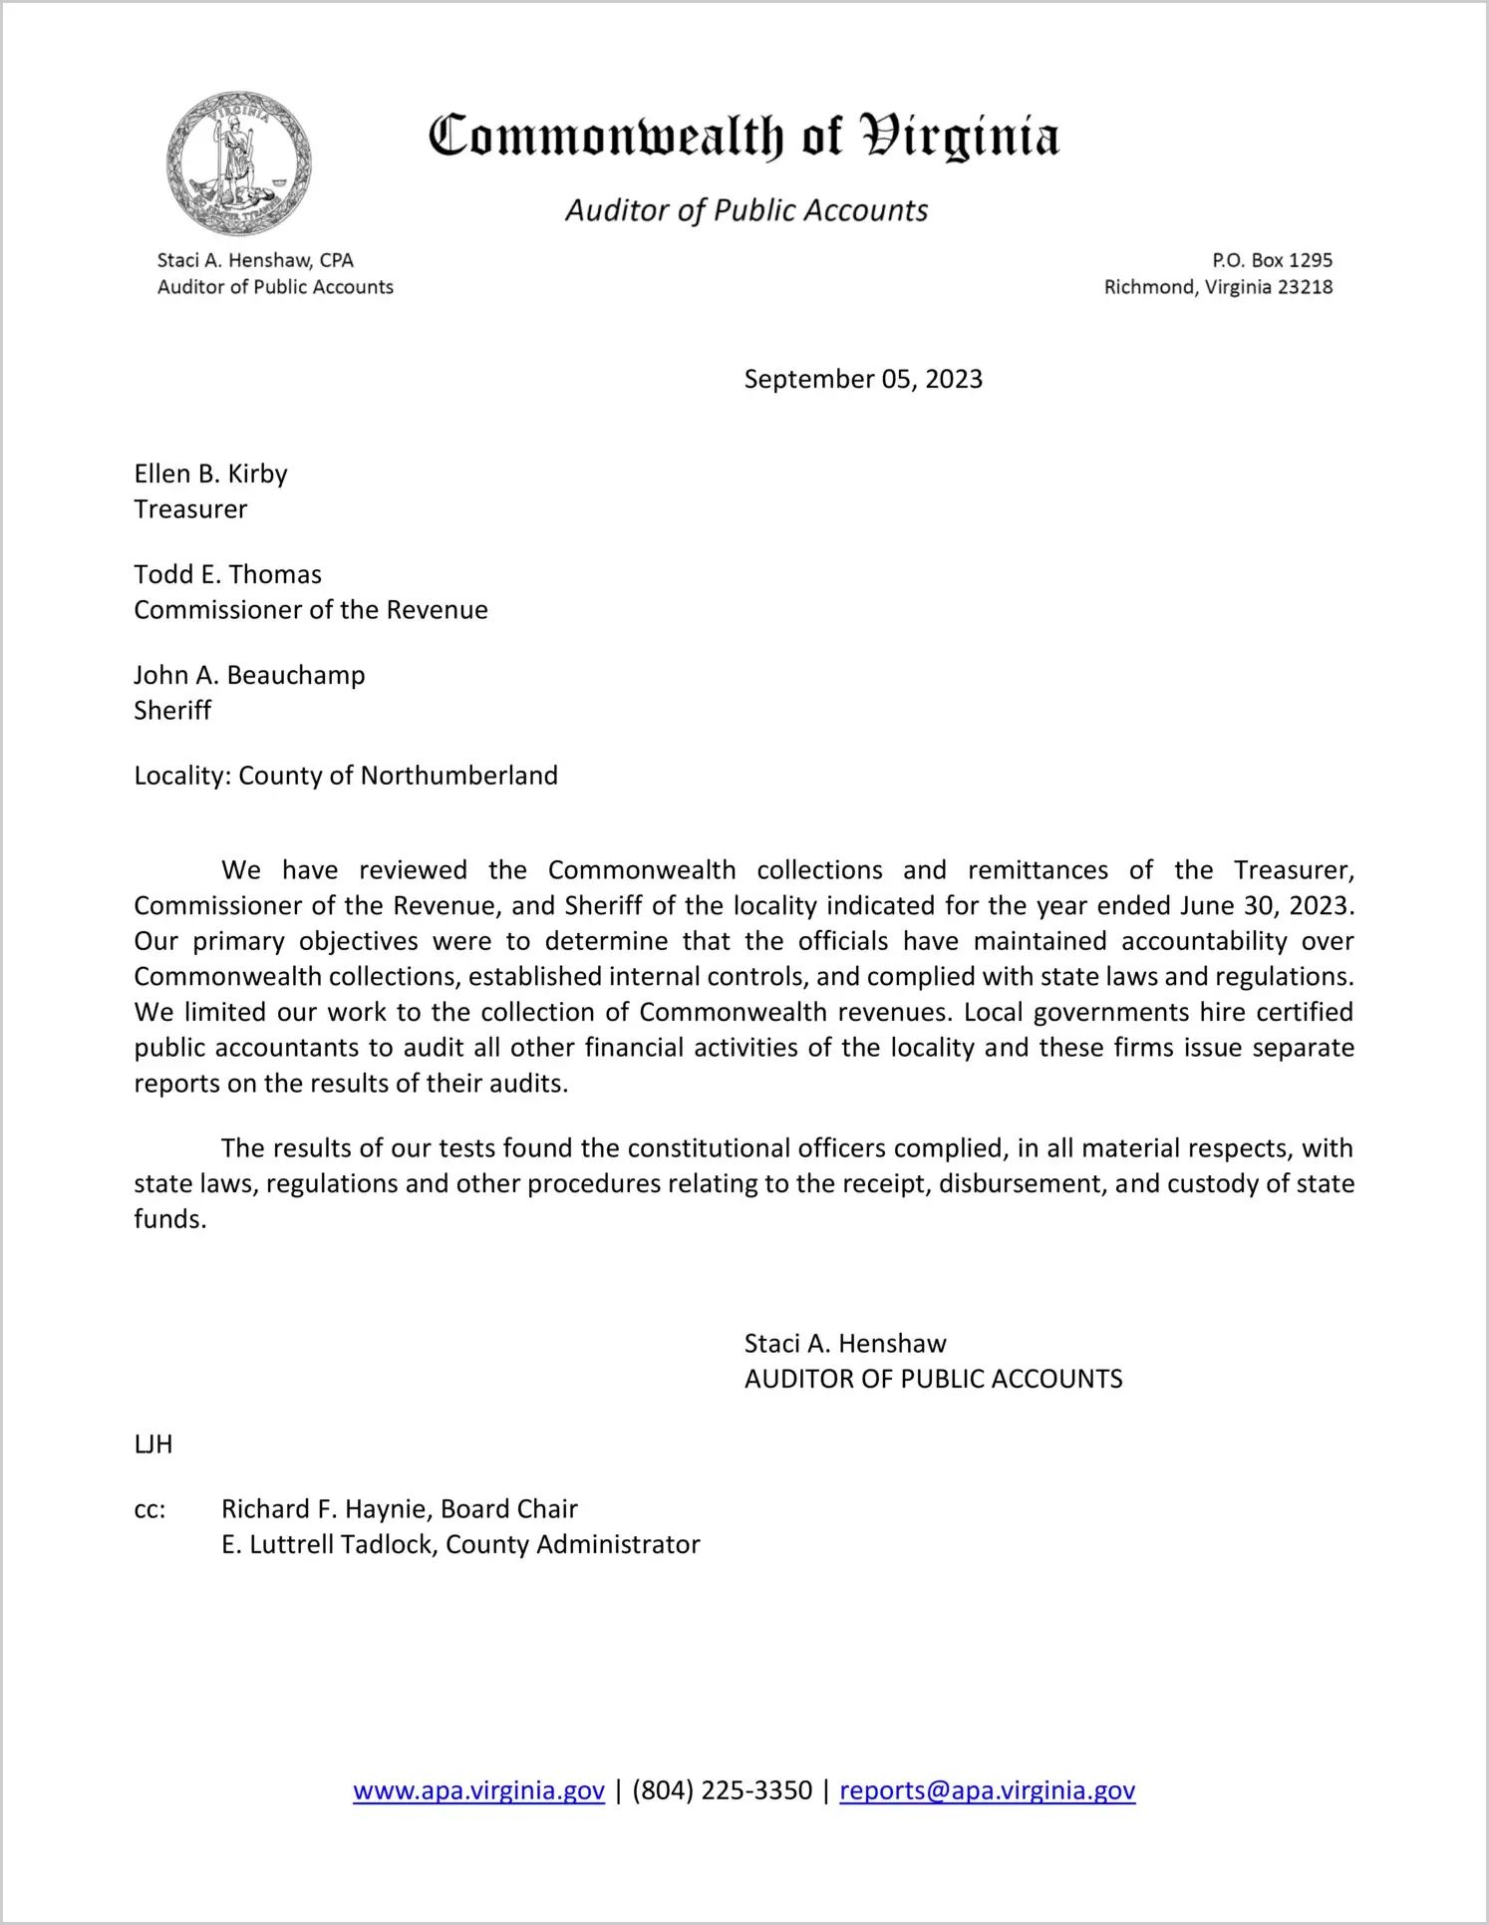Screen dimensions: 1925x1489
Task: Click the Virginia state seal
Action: click(x=238, y=164)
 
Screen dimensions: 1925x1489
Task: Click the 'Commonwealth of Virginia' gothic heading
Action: click(x=744, y=137)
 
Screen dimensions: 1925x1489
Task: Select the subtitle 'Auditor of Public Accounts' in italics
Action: click(x=746, y=210)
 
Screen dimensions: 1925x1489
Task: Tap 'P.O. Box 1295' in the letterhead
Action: click(x=1272, y=260)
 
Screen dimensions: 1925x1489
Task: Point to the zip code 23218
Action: click(x=1305, y=287)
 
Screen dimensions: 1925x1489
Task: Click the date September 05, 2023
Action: click(x=863, y=379)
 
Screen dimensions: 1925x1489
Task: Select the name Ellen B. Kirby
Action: click(x=211, y=474)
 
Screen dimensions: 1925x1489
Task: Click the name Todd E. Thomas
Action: click(x=228, y=574)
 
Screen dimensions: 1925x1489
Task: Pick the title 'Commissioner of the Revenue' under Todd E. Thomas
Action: click(x=311, y=610)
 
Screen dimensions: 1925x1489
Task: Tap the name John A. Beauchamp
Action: click(x=250, y=675)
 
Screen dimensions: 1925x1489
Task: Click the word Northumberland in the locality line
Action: click(x=458, y=776)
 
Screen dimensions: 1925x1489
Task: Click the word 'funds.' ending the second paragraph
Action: click(x=170, y=1219)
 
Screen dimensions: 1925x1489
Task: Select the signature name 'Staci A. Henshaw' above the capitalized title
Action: click(x=845, y=1344)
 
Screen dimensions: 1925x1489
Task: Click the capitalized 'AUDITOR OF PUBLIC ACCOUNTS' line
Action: click(x=933, y=1379)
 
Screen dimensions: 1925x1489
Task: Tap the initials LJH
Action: click(x=153, y=1444)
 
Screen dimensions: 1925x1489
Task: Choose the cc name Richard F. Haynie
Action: click(x=325, y=1509)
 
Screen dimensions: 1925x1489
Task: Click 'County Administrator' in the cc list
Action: click(x=573, y=1544)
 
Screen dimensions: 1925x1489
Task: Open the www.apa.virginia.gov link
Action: click(x=478, y=1790)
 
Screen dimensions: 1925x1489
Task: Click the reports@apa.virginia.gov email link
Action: click(x=987, y=1790)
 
